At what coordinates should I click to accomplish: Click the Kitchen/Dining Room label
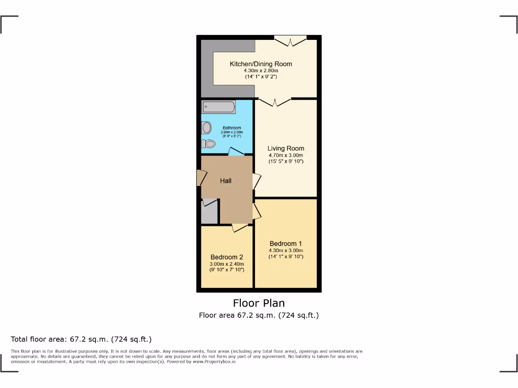[x=261, y=64]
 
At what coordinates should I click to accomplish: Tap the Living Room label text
[x=285, y=149]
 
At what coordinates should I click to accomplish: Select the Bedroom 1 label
[x=286, y=244]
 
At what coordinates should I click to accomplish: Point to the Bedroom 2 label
[x=227, y=257]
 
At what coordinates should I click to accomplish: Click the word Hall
[x=226, y=180]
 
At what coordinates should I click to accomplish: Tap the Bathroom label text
[x=232, y=128]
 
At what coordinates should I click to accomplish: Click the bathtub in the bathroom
[x=219, y=107]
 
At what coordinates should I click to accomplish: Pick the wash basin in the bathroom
[x=206, y=128]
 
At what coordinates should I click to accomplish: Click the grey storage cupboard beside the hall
[x=209, y=213]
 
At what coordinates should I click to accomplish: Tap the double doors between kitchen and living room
[x=275, y=102]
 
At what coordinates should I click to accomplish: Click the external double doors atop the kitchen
[x=290, y=41]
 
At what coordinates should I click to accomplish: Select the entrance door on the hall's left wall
[x=201, y=177]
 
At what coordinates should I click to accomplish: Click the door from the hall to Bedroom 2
[x=239, y=228]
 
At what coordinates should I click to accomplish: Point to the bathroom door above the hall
[x=235, y=152]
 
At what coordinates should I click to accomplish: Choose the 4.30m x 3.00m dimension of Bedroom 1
[x=286, y=250]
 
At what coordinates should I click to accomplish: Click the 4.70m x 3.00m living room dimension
[x=285, y=155]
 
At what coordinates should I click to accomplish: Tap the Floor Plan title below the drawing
[x=258, y=303]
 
